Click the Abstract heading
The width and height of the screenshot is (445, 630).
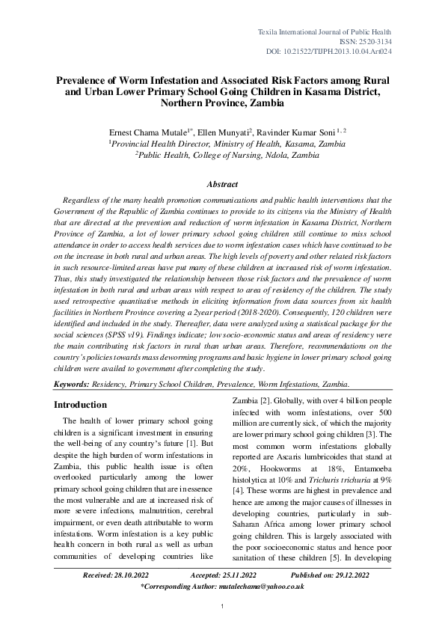(x=222, y=184)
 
